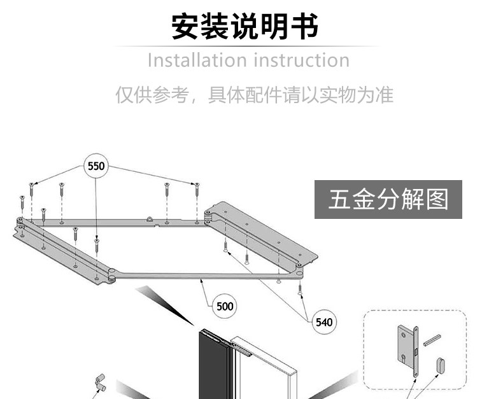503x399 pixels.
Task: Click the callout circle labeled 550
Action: coord(96,167)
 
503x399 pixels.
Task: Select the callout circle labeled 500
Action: coord(225,306)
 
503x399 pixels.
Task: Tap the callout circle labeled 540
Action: coord(324,322)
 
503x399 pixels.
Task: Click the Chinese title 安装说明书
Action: coord(245,27)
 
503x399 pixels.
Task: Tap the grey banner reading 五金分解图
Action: coord(388,200)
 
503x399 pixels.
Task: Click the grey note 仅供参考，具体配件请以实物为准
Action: coord(254,95)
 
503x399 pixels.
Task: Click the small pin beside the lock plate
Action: coord(433,339)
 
